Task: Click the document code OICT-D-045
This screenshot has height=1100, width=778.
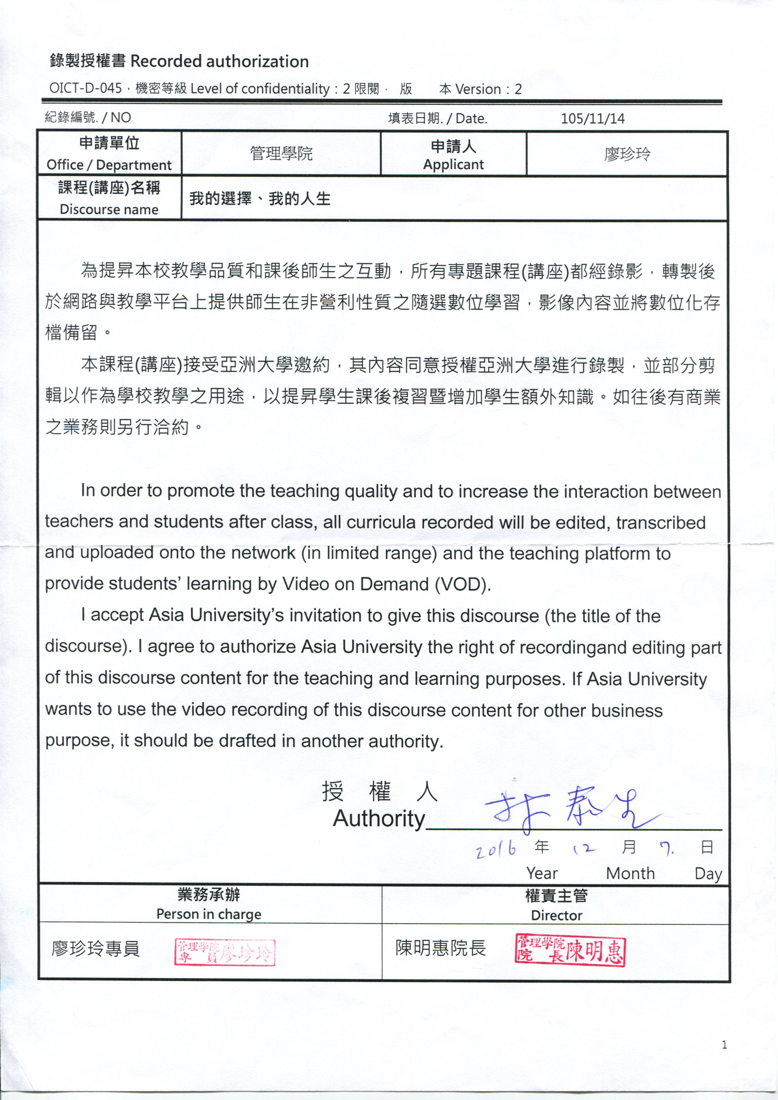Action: coord(85,89)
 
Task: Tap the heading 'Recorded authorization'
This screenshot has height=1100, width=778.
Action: coord(220,61)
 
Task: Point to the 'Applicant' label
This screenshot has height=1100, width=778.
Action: coord(453,164)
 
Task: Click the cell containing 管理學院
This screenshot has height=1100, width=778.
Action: coord(281,153)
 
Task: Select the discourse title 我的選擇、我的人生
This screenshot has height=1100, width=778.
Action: coord(260,199)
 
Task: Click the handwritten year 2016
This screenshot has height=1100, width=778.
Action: coord(496,850)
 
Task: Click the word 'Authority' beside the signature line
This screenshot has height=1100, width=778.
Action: coord(379,819)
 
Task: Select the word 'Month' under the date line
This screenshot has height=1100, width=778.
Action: coord(630,873)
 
